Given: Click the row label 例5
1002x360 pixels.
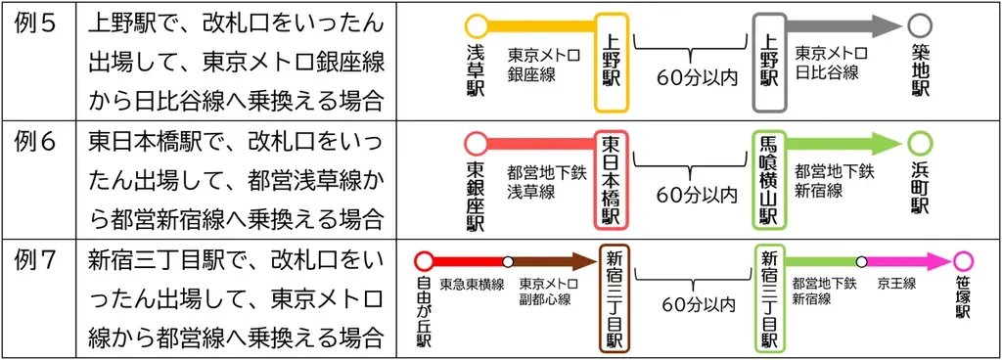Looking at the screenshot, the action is coord(37,22).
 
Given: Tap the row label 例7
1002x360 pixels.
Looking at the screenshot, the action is coord(37,260).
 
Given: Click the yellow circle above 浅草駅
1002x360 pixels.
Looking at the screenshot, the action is coord(477,25).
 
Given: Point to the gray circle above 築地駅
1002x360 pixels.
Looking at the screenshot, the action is coord(920,25).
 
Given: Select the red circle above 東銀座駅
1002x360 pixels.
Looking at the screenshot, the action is coord(477,144).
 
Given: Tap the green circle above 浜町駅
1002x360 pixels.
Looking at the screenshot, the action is coord(920,144).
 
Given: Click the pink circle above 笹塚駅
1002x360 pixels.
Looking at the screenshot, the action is coord(963,261).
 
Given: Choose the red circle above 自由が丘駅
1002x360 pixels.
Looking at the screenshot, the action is coord(424,261).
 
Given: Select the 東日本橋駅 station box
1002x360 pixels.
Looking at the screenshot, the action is coord(613,180).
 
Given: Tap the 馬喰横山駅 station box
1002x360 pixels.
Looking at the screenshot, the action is coord(767,180).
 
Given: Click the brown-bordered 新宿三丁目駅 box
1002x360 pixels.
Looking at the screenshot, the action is coord(613,298).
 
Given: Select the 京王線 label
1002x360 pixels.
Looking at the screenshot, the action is coord(895,284).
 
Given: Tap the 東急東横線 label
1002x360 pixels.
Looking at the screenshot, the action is coord(472,285).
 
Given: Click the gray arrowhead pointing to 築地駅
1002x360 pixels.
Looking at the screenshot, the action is coord(886,25).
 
